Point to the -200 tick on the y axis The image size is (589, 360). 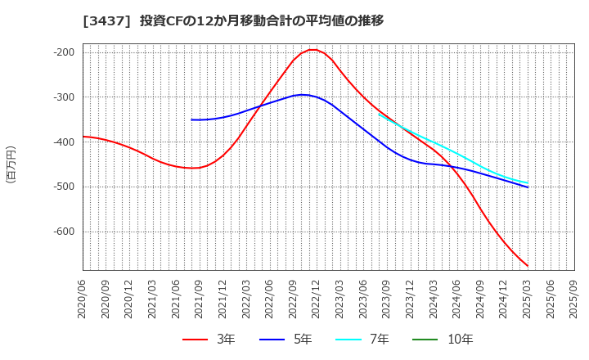tap(64, 52)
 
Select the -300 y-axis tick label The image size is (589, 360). tap(64, 97)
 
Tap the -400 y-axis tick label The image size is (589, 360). tap(64, 142)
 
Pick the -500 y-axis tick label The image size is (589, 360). tap(64, 187)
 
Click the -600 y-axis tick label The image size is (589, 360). tap(64, 232)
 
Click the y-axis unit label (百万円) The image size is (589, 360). tap(11, 164)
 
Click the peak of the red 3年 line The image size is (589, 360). tap(312, 50)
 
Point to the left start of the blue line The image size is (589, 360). tap(191, 119)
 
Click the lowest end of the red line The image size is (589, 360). tap(528, 266)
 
